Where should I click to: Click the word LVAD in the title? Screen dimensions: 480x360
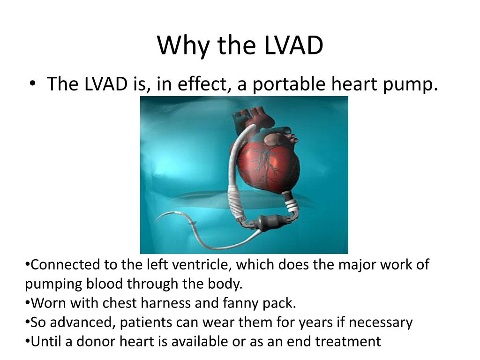(293, 45)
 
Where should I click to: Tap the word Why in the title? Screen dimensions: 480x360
(183, 46)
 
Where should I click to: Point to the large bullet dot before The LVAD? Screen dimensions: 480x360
(32, 83)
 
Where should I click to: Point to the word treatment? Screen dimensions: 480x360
(348, 342)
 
